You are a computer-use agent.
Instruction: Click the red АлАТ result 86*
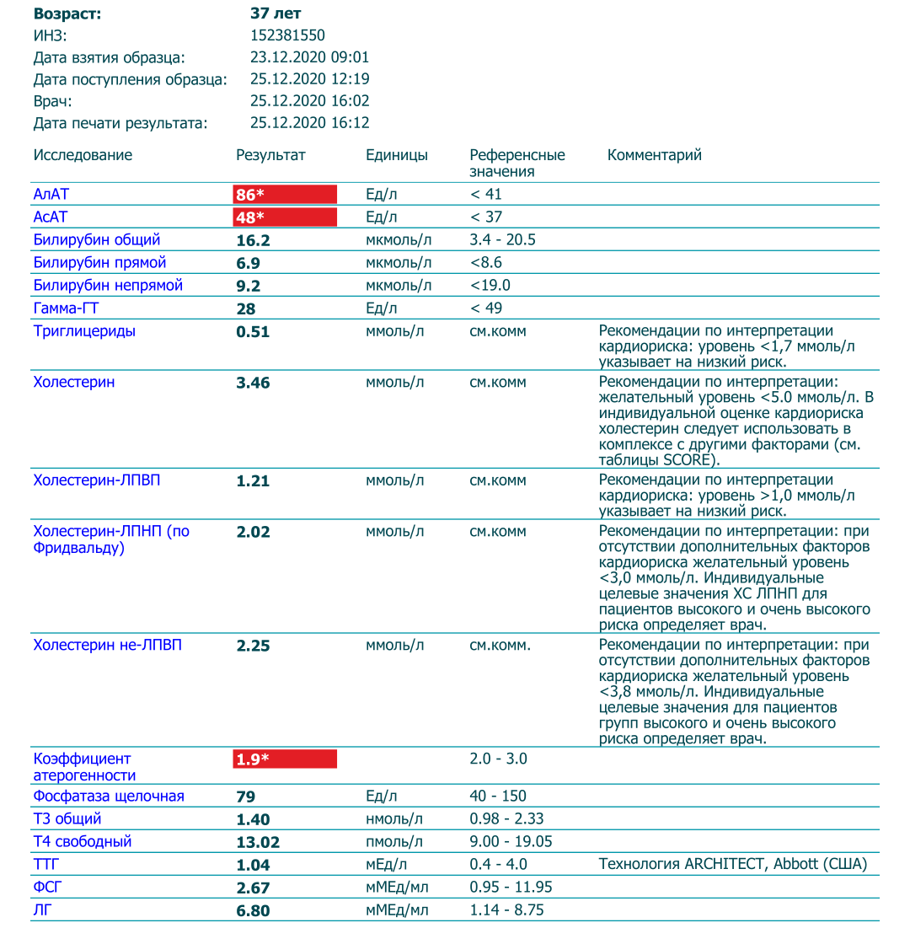pyautogui.click(x=250, y=195)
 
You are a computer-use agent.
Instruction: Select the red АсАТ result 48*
pyautogui.click(x=250, y=217)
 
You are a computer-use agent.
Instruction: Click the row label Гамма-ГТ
pyautogui.click(x=67, y=308)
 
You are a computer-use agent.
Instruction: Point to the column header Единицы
pyautogui.click(x=396, y=155)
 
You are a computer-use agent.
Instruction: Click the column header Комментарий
pyautogui.click(x=654, y=155)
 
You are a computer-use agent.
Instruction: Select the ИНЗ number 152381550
pyautogui.click(x=287, y=35)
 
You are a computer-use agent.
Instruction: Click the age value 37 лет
pyautogui.click(x=276, y=13)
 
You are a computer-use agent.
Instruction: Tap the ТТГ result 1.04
pyautogui.click(x=253, y=866)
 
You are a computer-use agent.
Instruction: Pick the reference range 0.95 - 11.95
pyautogui.click(x=511, y=888)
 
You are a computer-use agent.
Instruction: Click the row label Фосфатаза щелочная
pyautogui.click(x=108, y=797)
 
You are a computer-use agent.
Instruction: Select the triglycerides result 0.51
pyautogui.click(x=253, y=332)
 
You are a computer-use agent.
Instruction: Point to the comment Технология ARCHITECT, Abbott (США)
pyautogui.click(x=732, y=865)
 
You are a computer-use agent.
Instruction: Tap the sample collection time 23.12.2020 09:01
pyautogui.click(x=309, y=57)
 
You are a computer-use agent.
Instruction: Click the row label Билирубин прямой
pyautogui.click(x=99, y=263)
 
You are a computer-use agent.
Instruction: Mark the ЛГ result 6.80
pyautogui.click(x=253, y=911)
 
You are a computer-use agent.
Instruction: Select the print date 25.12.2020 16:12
pyautogui.click(x=309, y=123)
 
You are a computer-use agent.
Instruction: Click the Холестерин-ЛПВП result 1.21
pyautogui.click(x=253, y=481)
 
